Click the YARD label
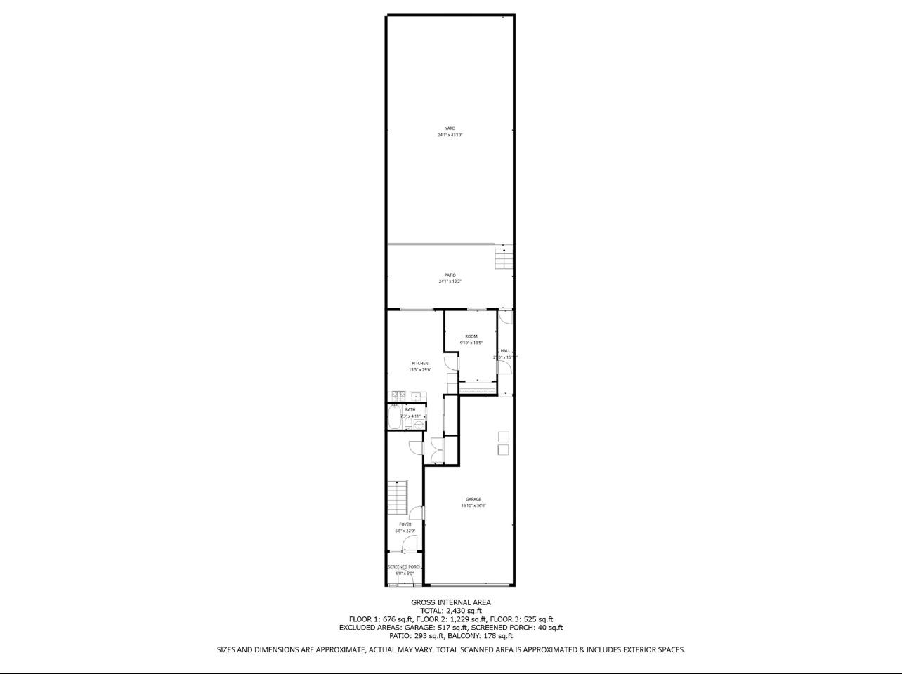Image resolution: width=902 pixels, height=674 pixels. click(x=450, y=128)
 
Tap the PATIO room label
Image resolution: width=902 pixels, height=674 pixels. click(x=450, y=275)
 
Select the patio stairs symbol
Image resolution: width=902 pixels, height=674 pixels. click(x=504, y=258)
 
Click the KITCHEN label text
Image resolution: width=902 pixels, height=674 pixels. click(x=420, y=364)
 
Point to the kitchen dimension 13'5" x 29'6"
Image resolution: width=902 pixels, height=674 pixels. click(x=420, y=370)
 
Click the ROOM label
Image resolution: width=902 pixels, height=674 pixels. click(x=471, y=336)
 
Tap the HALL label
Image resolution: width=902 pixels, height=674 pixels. click(x=505, y=350)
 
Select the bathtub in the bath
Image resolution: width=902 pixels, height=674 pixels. click(x=394, y=416)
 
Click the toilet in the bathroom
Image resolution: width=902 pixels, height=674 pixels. click(x=409, y=423)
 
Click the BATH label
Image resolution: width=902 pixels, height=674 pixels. click(x=410, y=409)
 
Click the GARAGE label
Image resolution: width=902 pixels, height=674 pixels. click(x=473, y=499)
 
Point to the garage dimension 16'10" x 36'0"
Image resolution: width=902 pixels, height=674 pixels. click(x=473, y=505)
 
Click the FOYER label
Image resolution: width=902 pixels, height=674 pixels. click(x=405, y=524)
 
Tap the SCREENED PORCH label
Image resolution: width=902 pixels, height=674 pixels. click(x=405, y=567)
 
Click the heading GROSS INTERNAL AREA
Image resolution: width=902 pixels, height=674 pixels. click(x=451, y=602)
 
